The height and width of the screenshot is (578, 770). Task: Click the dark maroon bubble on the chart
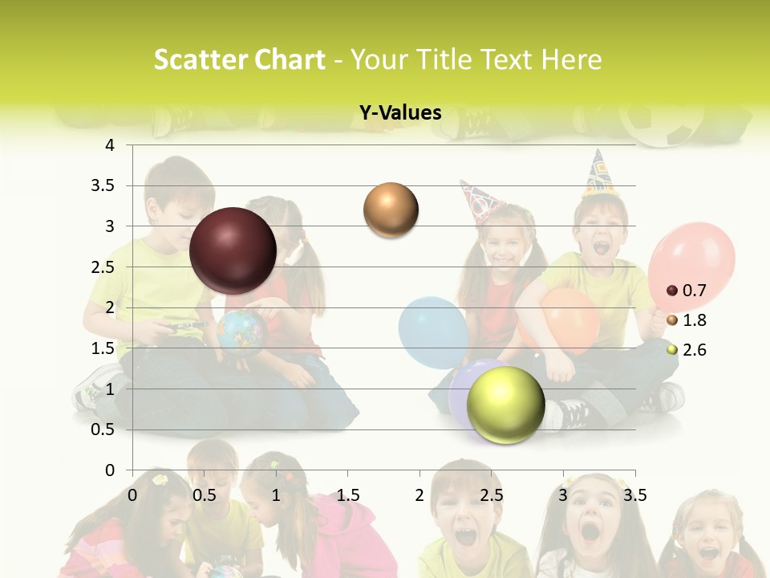tap(233, 250)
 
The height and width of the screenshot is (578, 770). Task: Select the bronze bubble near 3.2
tap(391, 210)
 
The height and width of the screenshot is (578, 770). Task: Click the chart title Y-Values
tap(400, 113)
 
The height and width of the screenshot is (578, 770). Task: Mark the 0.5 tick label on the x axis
tap(205, 495)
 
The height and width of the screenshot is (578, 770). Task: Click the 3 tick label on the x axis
tap(563, 495)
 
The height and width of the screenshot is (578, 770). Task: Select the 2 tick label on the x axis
tap(419, 495)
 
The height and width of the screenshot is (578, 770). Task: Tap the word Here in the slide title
tap(572, 59)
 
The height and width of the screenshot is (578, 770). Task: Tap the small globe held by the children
tap(241, 332)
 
